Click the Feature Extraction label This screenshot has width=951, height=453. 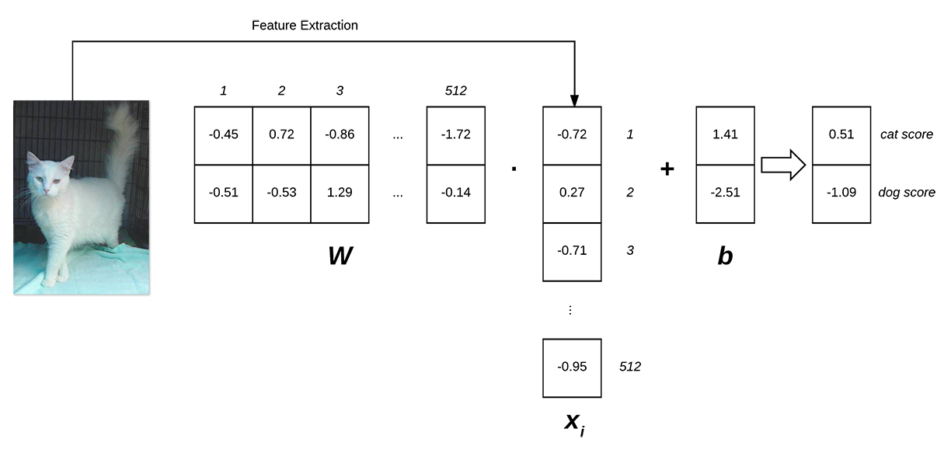305,26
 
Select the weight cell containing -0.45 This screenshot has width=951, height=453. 223,135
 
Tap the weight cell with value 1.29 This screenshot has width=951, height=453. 340,193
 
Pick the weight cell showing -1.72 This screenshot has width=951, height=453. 456,135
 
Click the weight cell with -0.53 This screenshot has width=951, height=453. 281,193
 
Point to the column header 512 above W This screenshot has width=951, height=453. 456,91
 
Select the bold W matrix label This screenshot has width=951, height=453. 340,256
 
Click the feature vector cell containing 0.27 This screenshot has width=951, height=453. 571,193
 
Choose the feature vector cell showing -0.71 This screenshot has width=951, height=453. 571,251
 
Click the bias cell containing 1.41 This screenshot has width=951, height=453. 724,135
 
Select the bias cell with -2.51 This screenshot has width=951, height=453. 724,193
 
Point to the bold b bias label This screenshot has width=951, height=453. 724,256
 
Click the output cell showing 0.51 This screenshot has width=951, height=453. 841,135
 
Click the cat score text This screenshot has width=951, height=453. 906,135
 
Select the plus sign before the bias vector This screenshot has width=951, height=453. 667,169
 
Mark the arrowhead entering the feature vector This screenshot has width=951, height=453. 574,100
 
